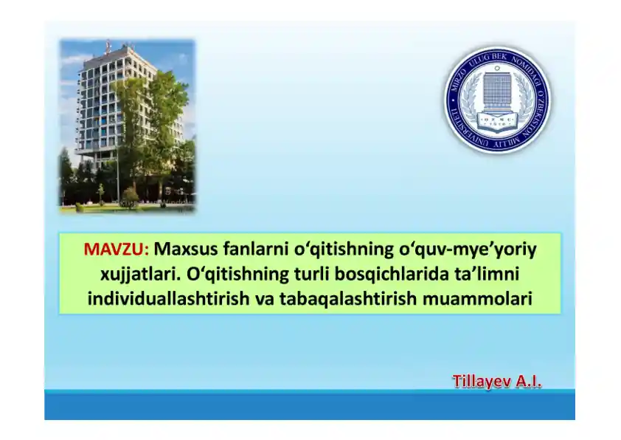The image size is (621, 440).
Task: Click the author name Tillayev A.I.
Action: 496,382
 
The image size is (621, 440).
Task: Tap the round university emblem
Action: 497,100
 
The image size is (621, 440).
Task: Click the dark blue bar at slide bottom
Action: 310,406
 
